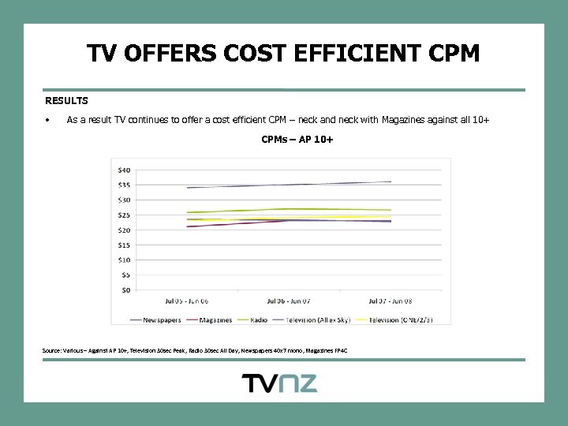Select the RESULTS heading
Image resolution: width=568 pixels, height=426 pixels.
66,101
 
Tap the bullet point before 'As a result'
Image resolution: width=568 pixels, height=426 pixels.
48,121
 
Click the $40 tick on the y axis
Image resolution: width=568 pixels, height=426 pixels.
124,170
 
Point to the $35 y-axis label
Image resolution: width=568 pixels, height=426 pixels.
124,185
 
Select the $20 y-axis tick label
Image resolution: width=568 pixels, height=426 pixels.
124,230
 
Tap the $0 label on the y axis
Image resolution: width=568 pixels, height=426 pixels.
125,290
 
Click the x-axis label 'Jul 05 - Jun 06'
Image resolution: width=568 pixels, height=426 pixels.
186,301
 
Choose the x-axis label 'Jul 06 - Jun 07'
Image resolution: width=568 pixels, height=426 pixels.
289,301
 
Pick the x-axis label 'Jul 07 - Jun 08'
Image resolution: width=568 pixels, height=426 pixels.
390,301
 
